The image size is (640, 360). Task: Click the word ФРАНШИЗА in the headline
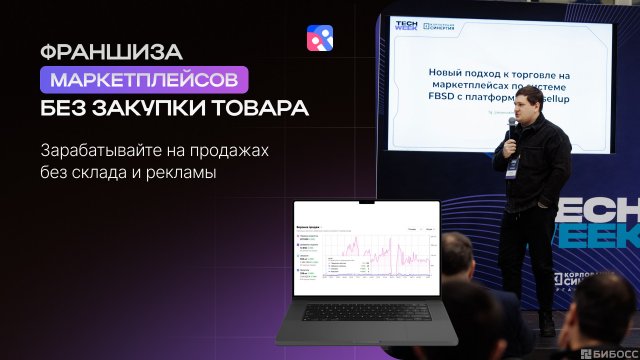point(95,48)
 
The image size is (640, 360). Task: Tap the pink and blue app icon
point(320,38)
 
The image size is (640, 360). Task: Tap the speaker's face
point(532,106)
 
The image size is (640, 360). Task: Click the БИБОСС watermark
point(605,350)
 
